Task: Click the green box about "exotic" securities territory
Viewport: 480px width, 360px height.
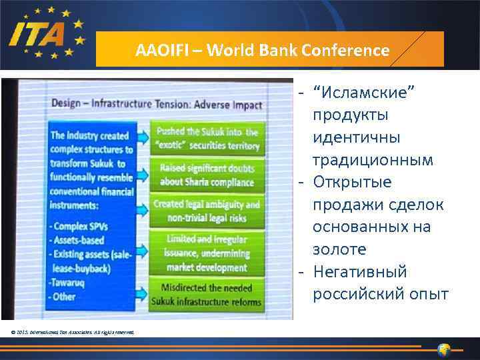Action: coord(205,137)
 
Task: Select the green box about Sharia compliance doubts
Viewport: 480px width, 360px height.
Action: coord(207,175)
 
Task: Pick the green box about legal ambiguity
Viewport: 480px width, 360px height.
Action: coord(207,210)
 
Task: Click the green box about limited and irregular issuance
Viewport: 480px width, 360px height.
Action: coord(207,253)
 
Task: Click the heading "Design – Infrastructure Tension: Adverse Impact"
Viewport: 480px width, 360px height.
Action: coord(157,104)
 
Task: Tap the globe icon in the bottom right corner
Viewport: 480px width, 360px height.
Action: coord(445,349)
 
